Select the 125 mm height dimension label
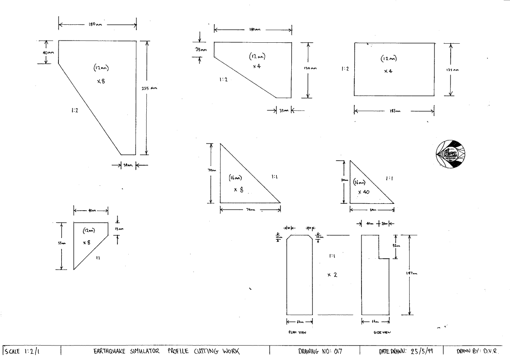(455, 70)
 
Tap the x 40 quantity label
(364, 192)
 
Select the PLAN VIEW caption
(298, 333)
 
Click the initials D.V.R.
(496, 351)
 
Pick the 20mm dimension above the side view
(384, 224)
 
